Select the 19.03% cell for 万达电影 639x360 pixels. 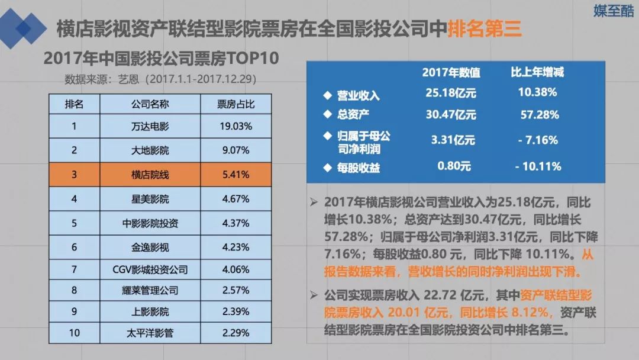click(235, 126)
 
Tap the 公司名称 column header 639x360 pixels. click(150, 104)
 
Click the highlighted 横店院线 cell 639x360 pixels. click(150, 175)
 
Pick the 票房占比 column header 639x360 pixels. click(235, 104)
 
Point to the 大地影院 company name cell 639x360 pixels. click(150, 150)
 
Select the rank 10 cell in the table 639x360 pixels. click(74, 333)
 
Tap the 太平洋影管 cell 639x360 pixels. click(150, 333)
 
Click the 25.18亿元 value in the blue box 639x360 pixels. click(451, 93)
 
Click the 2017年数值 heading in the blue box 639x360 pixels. click(451, 73)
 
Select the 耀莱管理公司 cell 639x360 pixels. click(150, 291)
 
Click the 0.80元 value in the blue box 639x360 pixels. click(454, 166)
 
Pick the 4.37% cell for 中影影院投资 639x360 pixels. click(235, 224)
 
